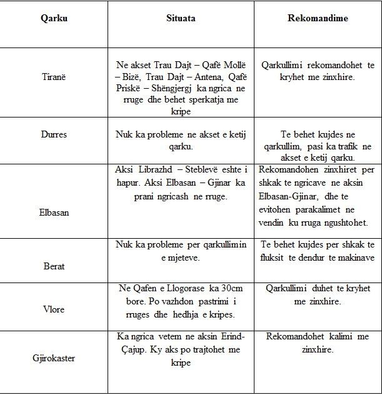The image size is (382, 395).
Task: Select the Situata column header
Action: [181, 18]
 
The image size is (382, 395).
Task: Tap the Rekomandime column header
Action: [318, 18]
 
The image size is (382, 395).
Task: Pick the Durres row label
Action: [53, 134]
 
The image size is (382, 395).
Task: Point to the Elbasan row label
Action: [53, 212]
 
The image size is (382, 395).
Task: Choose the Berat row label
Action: [53, 266]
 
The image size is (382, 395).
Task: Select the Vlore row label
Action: [53, 308]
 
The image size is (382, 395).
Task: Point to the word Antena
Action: [206, 77]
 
